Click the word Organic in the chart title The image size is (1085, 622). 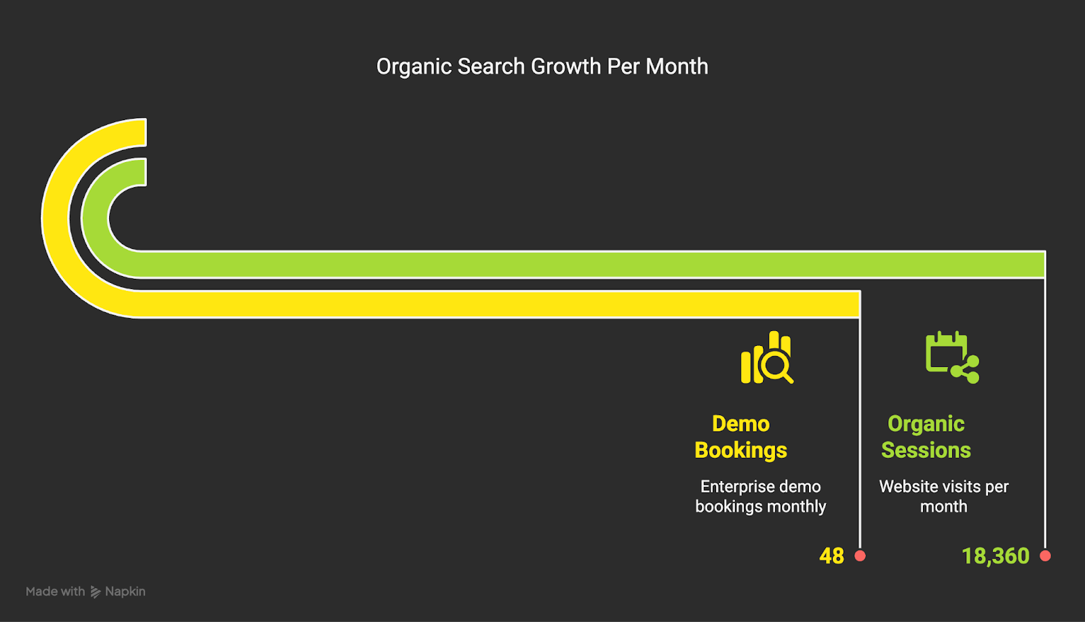(414, 67)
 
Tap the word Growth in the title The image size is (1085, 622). (566, 66)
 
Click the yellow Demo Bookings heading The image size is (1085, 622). (741, 437)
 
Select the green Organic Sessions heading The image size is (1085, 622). (926, 437)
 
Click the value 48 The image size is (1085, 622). (831, 556)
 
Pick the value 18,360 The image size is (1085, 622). (995, 556)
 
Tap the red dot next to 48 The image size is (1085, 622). (860, 556)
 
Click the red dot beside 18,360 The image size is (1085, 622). (1045, 556)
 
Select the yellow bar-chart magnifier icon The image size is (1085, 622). (767, 357)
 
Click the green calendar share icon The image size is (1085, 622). (952, 357)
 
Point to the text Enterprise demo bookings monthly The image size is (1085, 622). (760, 497)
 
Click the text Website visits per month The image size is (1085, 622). (943, 497)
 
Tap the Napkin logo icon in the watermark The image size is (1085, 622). (96, 591)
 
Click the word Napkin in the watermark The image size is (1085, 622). (125, 591)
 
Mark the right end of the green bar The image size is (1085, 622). (1045, 265)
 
